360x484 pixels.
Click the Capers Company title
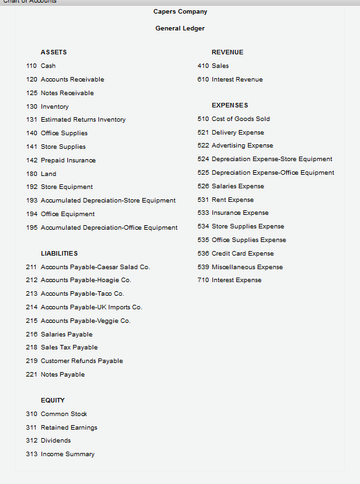180,12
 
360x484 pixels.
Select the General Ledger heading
180,28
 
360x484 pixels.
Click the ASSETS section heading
54,52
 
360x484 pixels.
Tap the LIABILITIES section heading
59,254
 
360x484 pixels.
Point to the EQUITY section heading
52,401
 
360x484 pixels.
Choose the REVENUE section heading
227,52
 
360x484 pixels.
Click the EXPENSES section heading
230,105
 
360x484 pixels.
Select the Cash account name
48,66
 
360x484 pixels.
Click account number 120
31,80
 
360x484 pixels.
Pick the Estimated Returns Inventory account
83,120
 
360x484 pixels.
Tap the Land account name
49,174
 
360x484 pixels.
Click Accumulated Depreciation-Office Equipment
109,228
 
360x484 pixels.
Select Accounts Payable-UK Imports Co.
91,307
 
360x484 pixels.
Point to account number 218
31,348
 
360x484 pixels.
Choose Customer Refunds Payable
82,361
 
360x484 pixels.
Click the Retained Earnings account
69,428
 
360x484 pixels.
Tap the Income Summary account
67,454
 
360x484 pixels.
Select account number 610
203,80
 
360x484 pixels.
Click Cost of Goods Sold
241,119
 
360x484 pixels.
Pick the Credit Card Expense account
243,254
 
